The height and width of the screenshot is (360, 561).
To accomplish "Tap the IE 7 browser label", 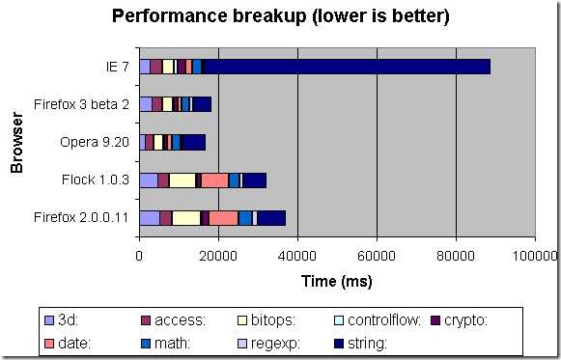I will pyautogui.click(x=117, y=67).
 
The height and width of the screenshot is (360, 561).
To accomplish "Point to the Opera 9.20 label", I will pyautogui.click(x=99, y=142).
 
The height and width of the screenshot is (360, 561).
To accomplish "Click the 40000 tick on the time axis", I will pyautogui.click(x=297, y=256).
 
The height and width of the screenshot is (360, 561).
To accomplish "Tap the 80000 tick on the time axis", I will pyautogui.click(x=456, y=256).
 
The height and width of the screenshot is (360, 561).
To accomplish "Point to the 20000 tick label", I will pyautogui.click(x=219, y=256).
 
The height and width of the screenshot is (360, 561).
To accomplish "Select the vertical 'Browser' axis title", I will pyautogui.click(x=16, y=142).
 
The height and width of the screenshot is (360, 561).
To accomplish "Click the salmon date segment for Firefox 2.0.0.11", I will pyautogui.click(x=223, y=217).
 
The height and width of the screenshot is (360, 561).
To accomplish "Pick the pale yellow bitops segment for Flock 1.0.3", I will pyautogui.click(x=182, y=180).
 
